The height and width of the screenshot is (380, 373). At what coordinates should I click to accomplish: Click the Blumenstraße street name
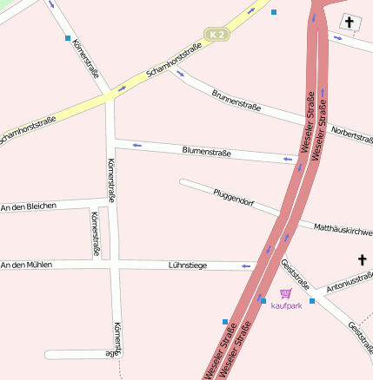(206, 152)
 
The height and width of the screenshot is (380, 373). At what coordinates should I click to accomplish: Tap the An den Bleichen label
(29, 206)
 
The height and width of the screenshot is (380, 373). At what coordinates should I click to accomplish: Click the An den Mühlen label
(26, 265)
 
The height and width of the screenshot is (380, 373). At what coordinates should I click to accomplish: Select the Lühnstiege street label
(187, 265)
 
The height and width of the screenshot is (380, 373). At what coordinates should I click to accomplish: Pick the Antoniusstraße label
(350, 281)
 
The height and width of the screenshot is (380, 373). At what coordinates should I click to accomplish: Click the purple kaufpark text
(287, 305)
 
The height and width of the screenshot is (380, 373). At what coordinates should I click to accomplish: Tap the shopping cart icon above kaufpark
(286, 293)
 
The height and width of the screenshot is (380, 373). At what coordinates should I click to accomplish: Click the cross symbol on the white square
(350, 22)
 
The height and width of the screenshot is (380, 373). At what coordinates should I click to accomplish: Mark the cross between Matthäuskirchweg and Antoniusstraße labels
(363, 259)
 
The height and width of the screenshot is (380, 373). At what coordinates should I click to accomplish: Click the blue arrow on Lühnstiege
(246, 265)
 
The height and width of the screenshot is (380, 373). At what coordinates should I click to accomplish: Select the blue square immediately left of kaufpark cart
(263, 300)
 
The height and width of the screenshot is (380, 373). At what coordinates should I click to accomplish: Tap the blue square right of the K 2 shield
(274, 12)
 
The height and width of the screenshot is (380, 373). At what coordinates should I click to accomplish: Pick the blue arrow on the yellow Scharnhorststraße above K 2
(251, 11)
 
